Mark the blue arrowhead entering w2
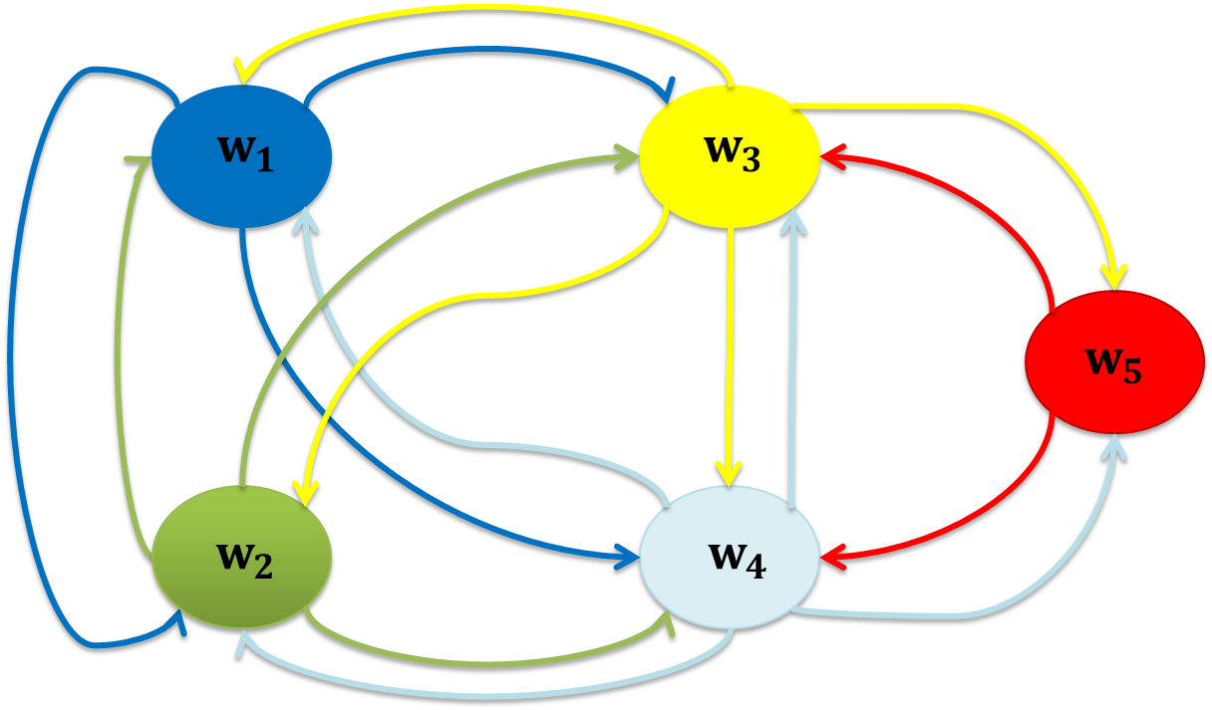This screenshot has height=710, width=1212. tap(180, 625)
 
